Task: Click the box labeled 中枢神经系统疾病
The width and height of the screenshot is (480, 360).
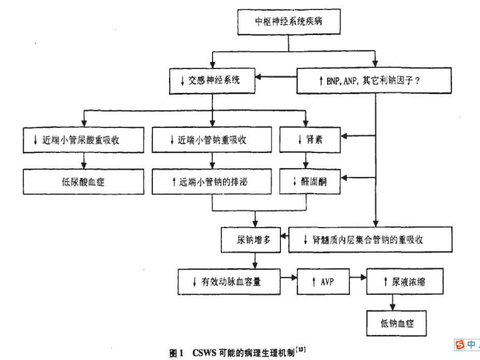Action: click(289, 21)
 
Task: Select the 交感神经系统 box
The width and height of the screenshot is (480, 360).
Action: click(212, 81)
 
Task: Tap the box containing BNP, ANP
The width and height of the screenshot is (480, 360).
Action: click(374, 80)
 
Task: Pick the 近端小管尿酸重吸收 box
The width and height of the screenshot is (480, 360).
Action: click(83, 140)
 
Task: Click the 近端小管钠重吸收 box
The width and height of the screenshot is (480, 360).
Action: click(212, 139)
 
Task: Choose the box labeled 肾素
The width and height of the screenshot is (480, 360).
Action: click(310, 139)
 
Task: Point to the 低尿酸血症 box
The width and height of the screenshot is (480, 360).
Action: click(83, 181)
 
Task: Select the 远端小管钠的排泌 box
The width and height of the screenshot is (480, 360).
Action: click(212, 181)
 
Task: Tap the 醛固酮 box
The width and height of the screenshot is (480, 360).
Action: click(310, 181)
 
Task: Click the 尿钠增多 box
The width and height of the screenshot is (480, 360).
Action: click(251, 239)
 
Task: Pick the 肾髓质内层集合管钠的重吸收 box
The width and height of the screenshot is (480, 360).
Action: click(370, 239)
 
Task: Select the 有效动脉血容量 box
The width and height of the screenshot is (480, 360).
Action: click(229, 281)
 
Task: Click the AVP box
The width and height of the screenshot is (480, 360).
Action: click(323, 281)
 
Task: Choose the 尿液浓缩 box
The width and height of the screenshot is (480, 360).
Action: click(404, 281)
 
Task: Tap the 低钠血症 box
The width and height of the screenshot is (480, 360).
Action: click(396, 323)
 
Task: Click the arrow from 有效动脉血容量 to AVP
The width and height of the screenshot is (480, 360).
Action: click(288, 277)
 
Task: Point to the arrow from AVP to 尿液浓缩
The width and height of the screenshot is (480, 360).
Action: click(358, 277)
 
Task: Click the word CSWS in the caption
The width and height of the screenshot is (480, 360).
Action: click(204, 352)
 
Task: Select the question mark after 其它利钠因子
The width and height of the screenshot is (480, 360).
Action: click(417, 80)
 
